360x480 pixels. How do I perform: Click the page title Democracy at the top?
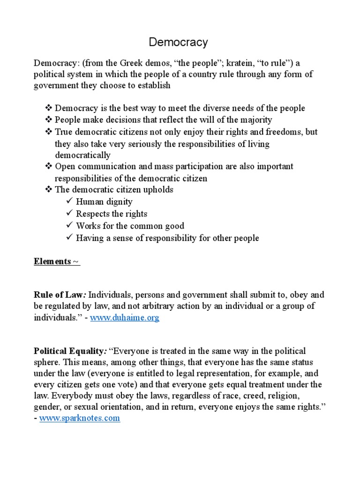(178, 43)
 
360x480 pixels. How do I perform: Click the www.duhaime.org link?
(125, 318)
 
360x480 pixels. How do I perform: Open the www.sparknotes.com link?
(80, 419)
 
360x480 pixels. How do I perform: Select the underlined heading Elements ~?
(57, 262)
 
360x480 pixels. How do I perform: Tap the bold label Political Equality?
(69, 351)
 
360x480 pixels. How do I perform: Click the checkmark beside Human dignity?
(69, 202)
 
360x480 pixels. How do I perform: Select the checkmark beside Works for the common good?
(69, 226)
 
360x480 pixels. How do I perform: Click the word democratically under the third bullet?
(82, 155)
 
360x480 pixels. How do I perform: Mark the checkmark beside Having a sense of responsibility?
(69, 238)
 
